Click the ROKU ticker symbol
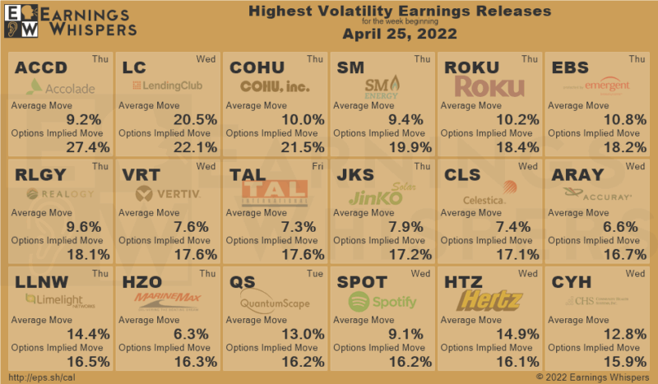[x=470, y=67]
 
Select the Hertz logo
[x=490, y=302]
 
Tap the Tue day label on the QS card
[x=316, y=273]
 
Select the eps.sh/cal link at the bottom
[x=40, y=375]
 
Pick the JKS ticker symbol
[x=357, y=174]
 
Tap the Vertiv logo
[x=169, y=194]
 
